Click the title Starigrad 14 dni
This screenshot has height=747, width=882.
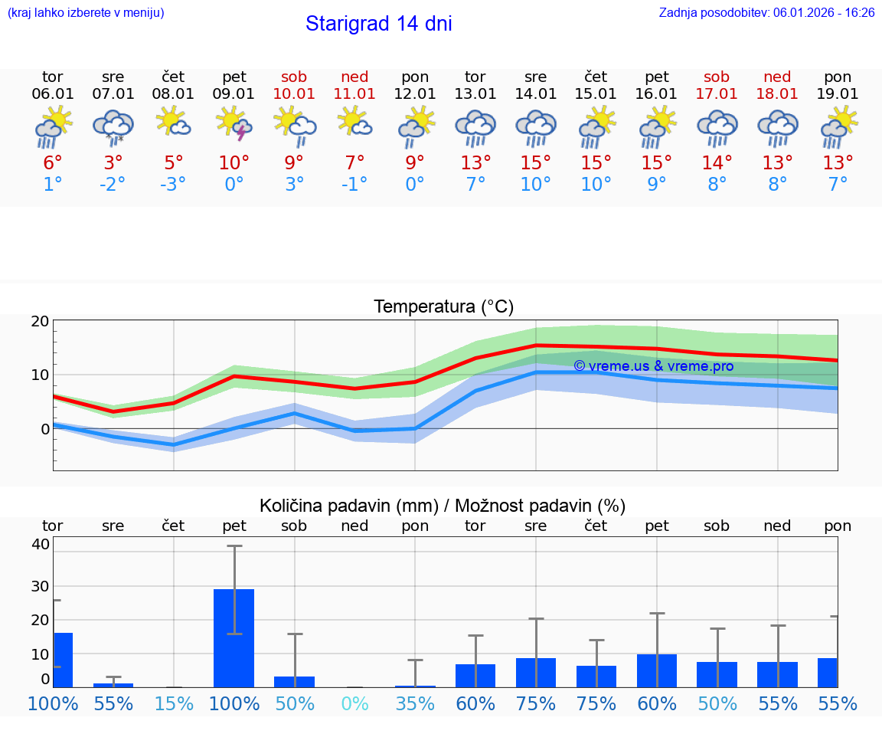378,24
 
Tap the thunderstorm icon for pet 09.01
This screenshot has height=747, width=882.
234,124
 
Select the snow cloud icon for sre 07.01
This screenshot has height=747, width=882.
113,126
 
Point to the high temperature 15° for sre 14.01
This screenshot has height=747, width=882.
536,163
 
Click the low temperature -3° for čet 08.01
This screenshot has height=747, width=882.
174,185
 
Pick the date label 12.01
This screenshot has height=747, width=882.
415,94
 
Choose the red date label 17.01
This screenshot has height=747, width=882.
717,94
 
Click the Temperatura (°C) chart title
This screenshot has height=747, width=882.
443,307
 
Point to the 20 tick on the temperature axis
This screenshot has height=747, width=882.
40,322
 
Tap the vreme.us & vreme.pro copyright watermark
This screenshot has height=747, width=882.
653,366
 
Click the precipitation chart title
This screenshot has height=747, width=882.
443,506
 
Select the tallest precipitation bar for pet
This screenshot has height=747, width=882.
234,637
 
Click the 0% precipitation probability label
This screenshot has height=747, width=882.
355,704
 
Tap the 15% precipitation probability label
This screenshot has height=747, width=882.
174,704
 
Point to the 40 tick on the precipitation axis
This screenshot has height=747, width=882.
41,545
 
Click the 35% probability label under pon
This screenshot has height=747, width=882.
415,704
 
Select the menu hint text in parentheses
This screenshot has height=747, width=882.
86,13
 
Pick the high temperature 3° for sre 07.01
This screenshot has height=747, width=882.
113,163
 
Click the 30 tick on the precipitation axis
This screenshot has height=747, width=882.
41,586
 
